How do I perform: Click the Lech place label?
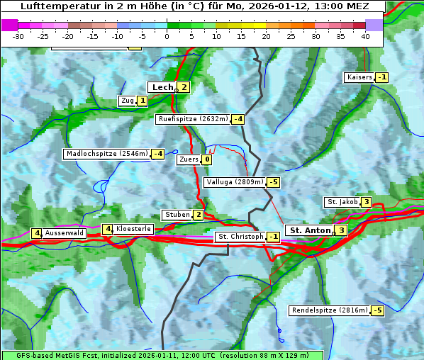tap(162, 87)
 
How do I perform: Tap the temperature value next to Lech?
tap(184, 87)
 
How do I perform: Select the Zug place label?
tap(127, 101)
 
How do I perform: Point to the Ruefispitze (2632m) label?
tap(193, 119)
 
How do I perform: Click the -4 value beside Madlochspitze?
tap(157, 154)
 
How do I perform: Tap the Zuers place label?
tap(189, 159)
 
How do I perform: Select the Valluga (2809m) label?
tap(235, 182)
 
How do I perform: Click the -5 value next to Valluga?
tap(274, 182)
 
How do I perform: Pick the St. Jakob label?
tap(342, 202)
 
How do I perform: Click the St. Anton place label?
tap(310, 230)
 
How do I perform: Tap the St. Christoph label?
tap(240, 236)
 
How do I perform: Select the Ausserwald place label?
tap(65, 232)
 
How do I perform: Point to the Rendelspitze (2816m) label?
tap(330, 310)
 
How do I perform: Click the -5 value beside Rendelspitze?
tap(377, 310)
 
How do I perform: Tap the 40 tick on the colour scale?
tap(365, 37)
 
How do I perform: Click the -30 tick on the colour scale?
tap(18, 37)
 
